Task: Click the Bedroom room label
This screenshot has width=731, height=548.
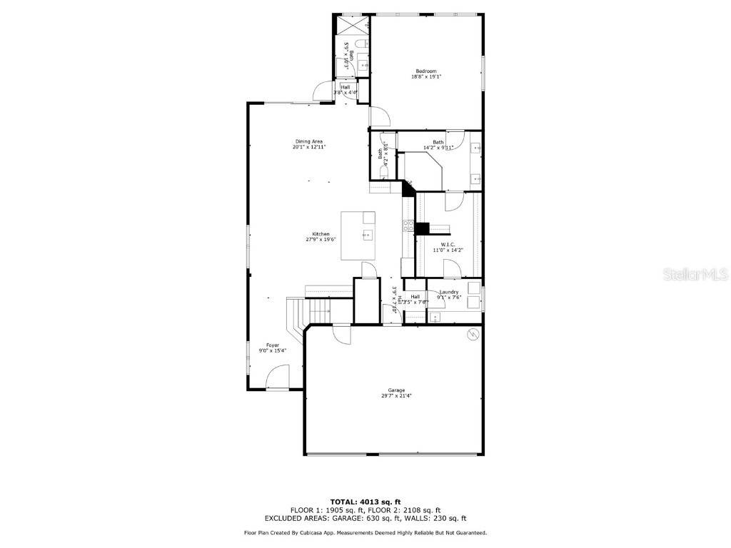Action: tap(426, 71)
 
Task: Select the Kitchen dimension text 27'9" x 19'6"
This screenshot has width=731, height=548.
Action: tap(321, 240)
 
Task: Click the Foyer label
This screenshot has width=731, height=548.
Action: tap(273, 345)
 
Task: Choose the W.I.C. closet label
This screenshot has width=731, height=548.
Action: tap(448, 244)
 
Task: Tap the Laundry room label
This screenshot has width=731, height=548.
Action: tap(449, 292)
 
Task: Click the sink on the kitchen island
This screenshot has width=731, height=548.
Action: tap(367, 235)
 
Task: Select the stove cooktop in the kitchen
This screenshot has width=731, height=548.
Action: tap(409, 226)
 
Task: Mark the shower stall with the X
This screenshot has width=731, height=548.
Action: tap(351, 26)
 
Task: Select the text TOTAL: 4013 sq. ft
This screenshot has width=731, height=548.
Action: tap(365, 501)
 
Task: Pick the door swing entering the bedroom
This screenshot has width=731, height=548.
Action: tap(379, 117)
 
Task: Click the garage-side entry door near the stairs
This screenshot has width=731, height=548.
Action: tap(341, 335)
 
